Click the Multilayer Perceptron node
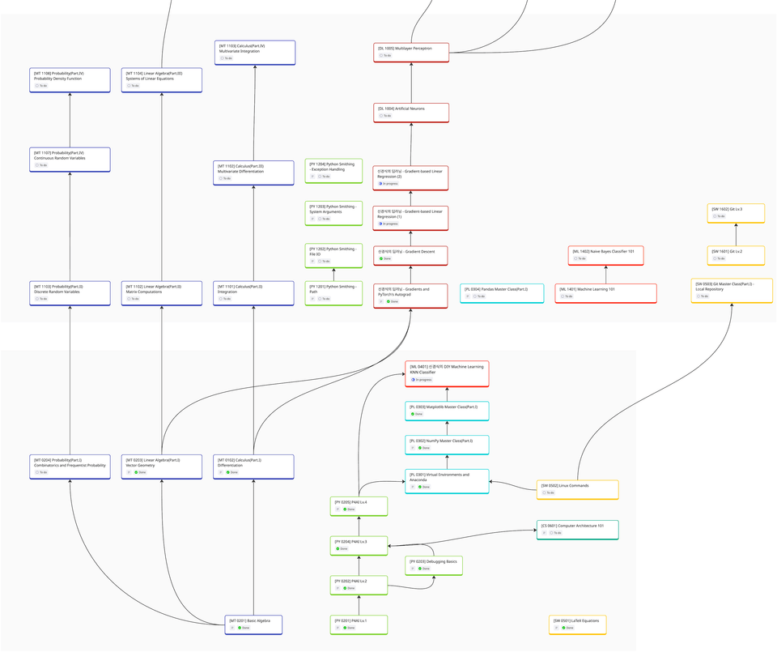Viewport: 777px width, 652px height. click(411, 52)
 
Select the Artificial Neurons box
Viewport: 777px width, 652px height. click(411, 112)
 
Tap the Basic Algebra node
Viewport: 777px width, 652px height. click(253, 624)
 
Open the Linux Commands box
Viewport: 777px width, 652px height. click(577, 489)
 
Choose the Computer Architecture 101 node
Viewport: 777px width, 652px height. click(577, 530)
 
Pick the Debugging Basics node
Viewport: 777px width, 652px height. click(434, 565)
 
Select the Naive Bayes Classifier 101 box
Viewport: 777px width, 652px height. click(605, 255)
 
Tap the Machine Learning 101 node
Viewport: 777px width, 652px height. click(605, 292)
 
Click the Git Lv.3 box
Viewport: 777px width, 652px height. click(736, 212)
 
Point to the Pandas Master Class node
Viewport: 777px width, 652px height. click(502, 292)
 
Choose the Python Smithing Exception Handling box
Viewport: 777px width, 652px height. click(333, 169)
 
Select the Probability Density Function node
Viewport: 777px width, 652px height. click(70, 80)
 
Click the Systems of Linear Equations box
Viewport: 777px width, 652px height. click(161, 80)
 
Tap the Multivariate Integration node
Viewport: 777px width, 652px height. click(254, 53)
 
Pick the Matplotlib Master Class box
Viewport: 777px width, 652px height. click(447, 410)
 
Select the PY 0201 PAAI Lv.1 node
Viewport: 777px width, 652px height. click(359, 624)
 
